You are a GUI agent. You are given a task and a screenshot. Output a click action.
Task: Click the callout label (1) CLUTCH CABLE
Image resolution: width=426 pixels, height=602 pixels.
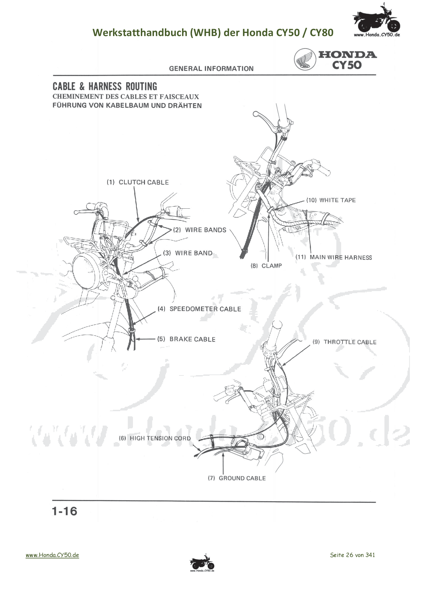(138, 182)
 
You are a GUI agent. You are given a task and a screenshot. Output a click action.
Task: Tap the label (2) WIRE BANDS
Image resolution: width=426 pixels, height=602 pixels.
(200, 230)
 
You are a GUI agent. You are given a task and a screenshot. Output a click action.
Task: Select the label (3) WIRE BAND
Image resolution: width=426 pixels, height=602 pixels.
(188, 253)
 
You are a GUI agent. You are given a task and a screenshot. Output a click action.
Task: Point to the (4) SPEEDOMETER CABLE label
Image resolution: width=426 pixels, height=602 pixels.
(199, 309)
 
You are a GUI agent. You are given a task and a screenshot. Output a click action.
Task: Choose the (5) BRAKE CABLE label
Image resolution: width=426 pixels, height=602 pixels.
(186, 339)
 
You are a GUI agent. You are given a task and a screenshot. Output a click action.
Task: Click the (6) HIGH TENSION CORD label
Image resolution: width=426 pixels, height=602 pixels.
(155, 438)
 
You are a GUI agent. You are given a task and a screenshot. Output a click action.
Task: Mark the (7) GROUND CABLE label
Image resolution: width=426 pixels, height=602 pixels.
(237, 478)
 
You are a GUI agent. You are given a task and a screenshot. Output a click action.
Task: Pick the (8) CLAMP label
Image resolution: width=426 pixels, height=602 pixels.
(266, 266)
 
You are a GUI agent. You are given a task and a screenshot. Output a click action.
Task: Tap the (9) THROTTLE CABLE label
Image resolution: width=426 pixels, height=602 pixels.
(344, 342)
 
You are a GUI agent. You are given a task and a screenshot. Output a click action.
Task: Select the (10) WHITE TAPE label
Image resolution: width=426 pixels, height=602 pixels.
(331, 200)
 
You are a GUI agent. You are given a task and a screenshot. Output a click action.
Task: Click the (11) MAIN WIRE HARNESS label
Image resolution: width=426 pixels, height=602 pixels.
(334, 257)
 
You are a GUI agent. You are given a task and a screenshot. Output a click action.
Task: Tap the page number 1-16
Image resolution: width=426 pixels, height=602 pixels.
(65, 511)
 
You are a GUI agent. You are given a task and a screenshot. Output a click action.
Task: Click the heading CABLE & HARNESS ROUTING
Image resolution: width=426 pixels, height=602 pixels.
(105, 86)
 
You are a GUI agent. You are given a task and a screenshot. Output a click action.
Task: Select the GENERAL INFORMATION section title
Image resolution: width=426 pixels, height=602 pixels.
(211, 69)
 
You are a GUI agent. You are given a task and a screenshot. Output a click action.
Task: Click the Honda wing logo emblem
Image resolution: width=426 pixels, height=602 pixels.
(305, 59)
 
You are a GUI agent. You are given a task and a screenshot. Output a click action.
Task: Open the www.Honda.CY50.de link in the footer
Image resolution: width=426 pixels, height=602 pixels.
(52, 555)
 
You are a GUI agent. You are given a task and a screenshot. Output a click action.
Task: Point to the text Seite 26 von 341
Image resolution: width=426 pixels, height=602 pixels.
(352, 555)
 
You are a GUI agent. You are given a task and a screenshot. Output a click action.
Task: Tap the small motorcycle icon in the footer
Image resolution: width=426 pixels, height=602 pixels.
(202, 563)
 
